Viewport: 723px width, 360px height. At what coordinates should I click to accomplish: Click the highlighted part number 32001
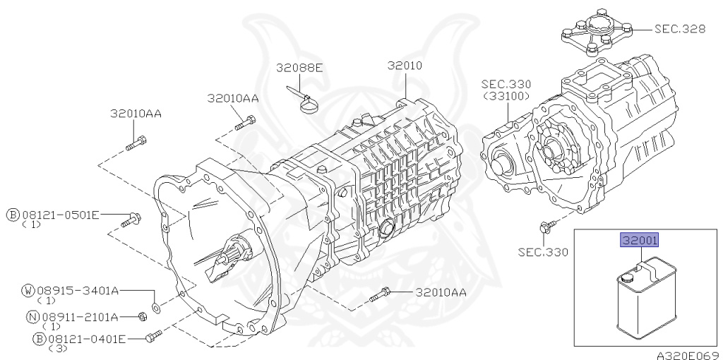click(x=640, y=241)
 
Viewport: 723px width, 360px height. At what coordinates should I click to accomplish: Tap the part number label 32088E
click(x=299, y=68)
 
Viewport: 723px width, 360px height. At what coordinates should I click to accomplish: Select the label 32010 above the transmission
click(x=405, y=66)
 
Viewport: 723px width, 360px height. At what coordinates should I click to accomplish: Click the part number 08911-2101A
click(x=79, y=317)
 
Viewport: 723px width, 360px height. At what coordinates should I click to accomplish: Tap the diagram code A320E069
click(x=686, y=354)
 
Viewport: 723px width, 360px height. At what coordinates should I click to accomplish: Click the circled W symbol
click(x=29, y=290)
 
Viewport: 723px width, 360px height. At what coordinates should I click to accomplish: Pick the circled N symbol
click(x=32, y=317)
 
